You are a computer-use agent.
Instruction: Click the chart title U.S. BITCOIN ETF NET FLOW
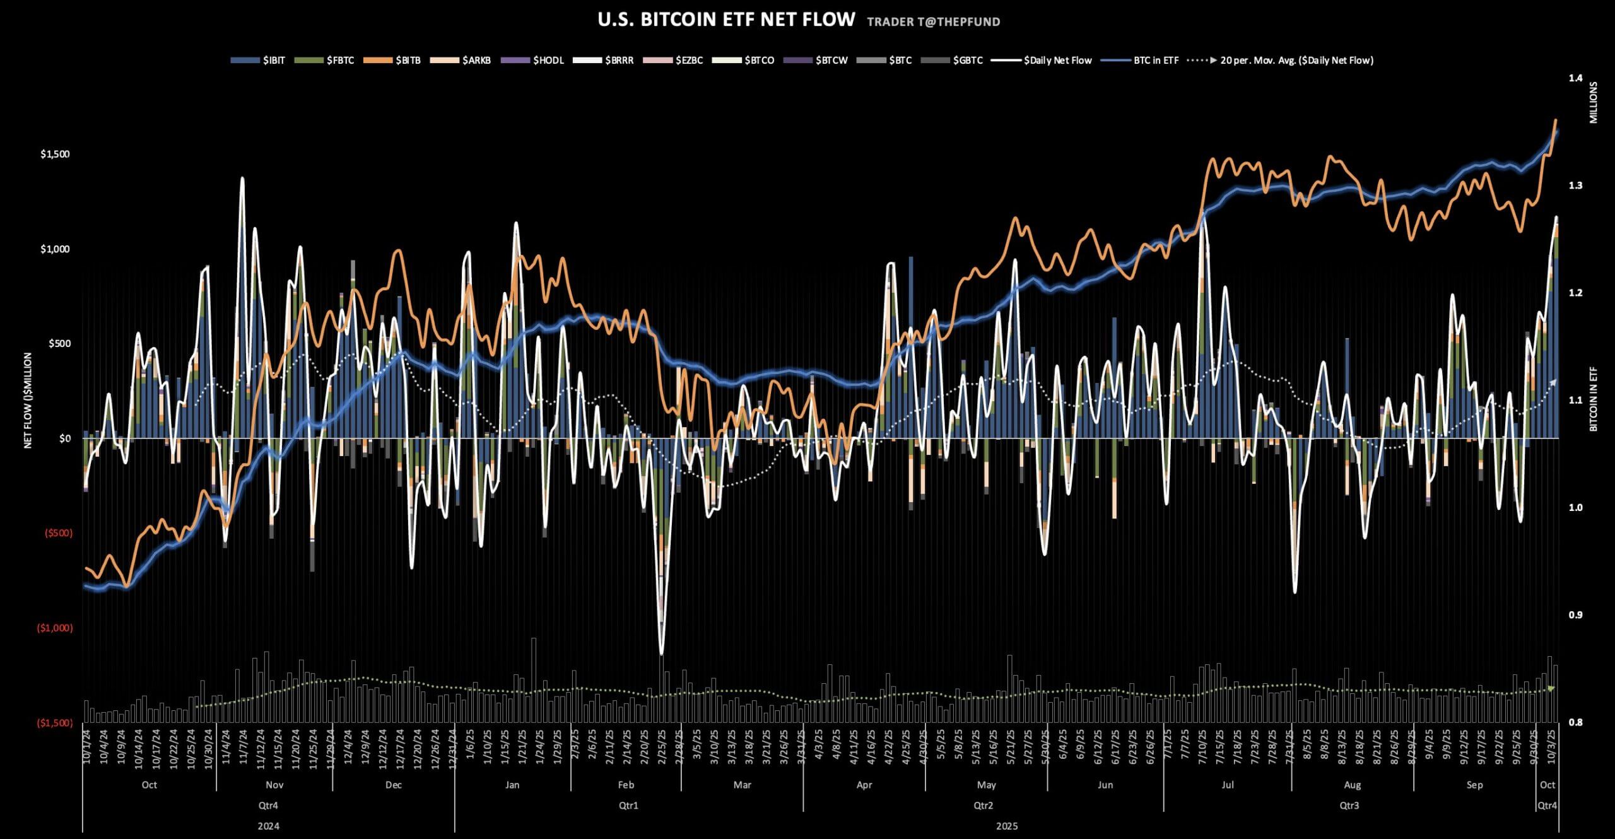point(726,20)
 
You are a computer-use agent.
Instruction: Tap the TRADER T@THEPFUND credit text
point(933,22)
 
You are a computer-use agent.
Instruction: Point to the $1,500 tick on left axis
point(55,155)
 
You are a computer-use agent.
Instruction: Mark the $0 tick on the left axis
point(66,438)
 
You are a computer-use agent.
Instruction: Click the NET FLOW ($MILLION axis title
point(28,401)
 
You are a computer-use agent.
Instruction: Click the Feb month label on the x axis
point(626,785)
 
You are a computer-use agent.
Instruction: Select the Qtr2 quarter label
point(983,806)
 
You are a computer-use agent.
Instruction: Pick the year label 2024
point(268,826)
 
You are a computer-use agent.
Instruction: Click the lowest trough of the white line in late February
point(661,654)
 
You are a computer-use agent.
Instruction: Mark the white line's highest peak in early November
point(242,179)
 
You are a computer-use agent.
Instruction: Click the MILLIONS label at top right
point(1594,102)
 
